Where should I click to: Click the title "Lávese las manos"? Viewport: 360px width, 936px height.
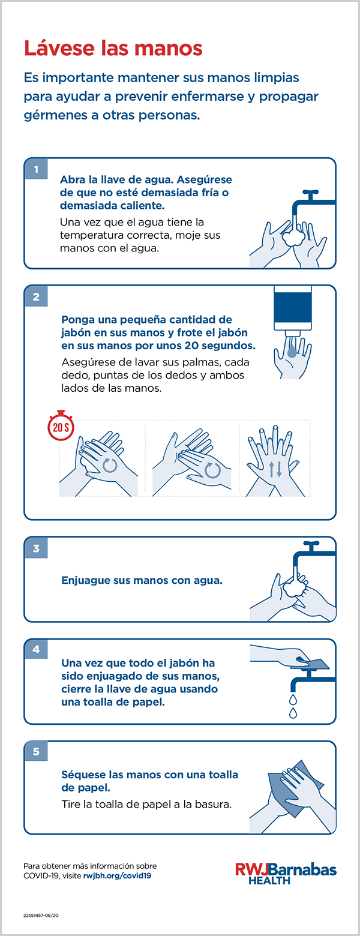click(x=113, y=48)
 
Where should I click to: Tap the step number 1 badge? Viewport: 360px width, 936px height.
click(x=36, y=169)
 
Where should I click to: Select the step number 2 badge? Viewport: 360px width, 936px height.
click(x=36, y=296)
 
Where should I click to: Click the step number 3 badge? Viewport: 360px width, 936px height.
click(x=36, y=548)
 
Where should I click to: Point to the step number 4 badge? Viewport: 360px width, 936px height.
click(x=36, y=650)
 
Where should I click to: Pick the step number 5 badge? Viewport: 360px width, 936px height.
click(x=36, y=752)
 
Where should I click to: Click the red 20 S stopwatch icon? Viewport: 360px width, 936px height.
click(x=61, y=425)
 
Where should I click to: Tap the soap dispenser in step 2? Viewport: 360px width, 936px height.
click(x=292, y=311)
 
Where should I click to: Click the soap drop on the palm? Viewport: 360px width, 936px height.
click(x=292, y=352)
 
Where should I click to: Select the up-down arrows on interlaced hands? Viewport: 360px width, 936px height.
click(x=275, y=469)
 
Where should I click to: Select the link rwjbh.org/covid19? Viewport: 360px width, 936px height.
click(x=117, y=876)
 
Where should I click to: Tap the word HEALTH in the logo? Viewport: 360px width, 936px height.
click(x=269, y=880)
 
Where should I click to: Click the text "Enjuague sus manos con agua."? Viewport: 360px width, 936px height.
click(x=142, y=580)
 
